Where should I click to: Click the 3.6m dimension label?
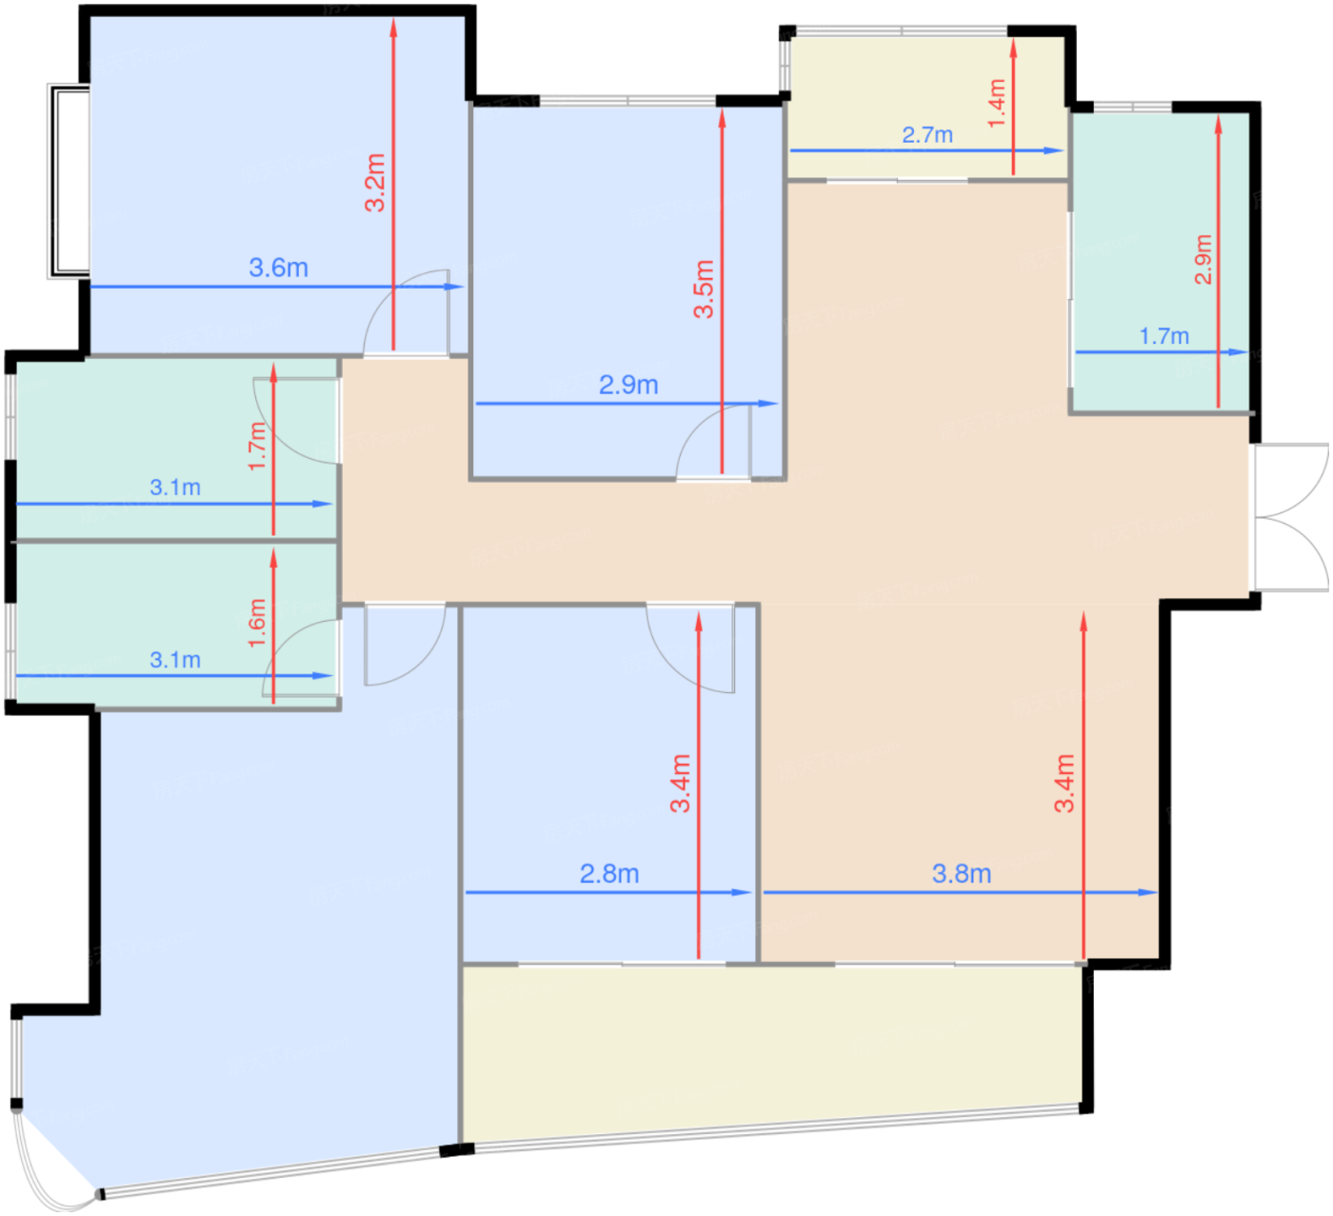278,268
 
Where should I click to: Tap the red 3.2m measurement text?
375,182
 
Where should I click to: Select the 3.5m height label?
704,289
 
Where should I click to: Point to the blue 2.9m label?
628,385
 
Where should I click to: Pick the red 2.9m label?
1203,259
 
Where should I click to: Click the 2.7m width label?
927,135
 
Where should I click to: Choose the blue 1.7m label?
1164,336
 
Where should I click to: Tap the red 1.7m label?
257,446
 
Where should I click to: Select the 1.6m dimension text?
257,623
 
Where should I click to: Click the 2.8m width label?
609,873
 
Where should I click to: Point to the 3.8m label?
962,873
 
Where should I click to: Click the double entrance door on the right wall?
1290,516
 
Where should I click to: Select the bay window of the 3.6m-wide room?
69,181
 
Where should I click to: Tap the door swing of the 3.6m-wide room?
406,311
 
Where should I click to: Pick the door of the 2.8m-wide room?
691,648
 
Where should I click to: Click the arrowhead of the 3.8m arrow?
1148,892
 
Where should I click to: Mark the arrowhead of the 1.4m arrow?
1013,48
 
